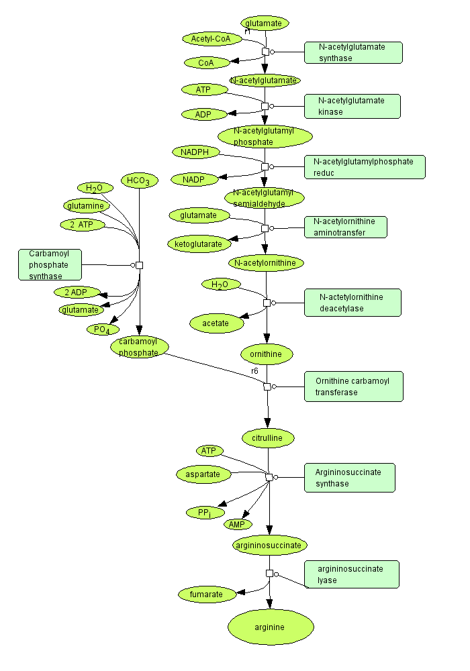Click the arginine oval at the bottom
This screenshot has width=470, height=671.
(x=271, y=627)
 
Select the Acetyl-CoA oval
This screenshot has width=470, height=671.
(x=211, y=39)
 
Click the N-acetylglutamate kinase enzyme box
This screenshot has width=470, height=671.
(x=352, y=106)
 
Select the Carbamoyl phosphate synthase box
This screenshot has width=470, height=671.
(x=50, y=264)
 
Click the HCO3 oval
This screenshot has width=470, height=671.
(x=140, y=180)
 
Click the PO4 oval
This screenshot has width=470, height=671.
(x=103, y=329)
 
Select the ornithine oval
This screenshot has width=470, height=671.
(x=267, y=353)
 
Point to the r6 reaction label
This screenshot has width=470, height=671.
(x=255, y=371)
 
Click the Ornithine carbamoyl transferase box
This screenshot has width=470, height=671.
(x=354, y=386)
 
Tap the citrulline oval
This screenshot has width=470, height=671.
(x=268, y=438)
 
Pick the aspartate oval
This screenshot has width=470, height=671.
(x=203, y=474)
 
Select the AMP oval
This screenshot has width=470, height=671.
(x=238, y=524)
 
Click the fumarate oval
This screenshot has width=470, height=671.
(x=210, y=594)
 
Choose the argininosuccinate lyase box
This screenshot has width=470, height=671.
(x=351, y=574)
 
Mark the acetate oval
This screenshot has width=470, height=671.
(x=216, y=323)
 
